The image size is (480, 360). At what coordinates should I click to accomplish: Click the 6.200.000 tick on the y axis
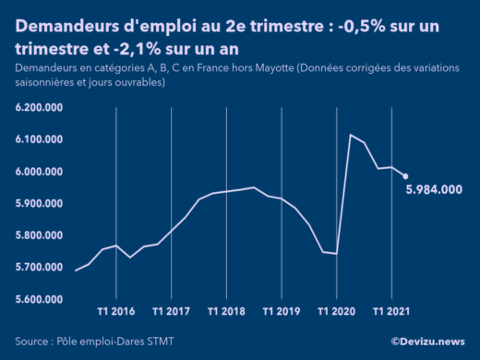(x=39, y=108)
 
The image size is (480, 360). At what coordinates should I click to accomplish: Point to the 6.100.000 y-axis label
(x=39, y=139)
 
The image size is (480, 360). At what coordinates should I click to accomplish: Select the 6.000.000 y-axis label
(x=39, y=172)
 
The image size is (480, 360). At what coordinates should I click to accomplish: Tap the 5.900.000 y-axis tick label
(x=39, y=203)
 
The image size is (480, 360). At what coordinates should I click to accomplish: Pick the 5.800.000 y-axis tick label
(x=39, y=235)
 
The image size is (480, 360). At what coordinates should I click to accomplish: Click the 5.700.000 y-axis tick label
(x=39, y=268)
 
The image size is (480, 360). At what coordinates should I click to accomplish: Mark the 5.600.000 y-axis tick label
(x=39, y=299)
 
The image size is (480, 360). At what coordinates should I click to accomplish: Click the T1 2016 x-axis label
(x=116, y=311)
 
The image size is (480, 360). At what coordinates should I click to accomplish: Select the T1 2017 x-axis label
(x=172, y=311)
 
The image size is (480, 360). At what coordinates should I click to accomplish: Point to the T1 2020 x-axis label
(x=337, y=311)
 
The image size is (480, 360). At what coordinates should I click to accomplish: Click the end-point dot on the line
(x=405, y=176)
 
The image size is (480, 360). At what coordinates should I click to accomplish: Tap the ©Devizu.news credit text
(x=428, y=342)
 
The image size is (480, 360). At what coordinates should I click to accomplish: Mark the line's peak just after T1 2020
(x=351, y=135)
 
